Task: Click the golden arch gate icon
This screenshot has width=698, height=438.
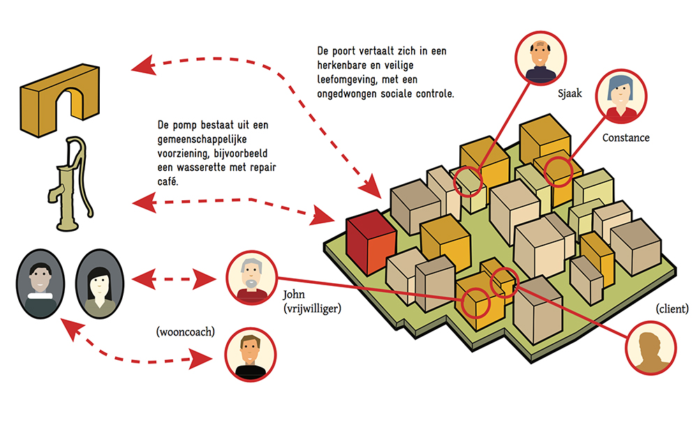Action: [x=59, y=100]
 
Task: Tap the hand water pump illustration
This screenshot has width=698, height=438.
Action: [x=71, y=183]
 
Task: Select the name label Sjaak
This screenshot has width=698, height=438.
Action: [x=570, y=93]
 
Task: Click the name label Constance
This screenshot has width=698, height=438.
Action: [x=625, y=138]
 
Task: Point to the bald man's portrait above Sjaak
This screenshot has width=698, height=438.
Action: [x=540, y=58]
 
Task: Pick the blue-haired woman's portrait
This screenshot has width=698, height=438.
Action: [x=621, y=96]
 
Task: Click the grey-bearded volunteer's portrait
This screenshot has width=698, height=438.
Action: [x=251, y=278]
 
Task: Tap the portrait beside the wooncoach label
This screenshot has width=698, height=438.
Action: [x=250, y=354]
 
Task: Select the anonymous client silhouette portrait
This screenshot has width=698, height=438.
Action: [x=651, y=348]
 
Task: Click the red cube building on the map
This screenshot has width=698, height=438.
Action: [x=371, y=243]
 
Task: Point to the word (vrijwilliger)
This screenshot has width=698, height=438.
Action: [x=312, y=308]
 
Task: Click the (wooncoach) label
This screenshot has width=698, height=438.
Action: [x=185, y=332]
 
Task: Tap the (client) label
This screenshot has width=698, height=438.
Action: [x=671, y=308]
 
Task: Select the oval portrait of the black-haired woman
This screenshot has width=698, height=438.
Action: [x=100, y=284]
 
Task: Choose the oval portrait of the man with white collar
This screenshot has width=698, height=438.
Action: [x=40, y=284]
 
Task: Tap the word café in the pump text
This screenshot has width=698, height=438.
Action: [x=168, y=181]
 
